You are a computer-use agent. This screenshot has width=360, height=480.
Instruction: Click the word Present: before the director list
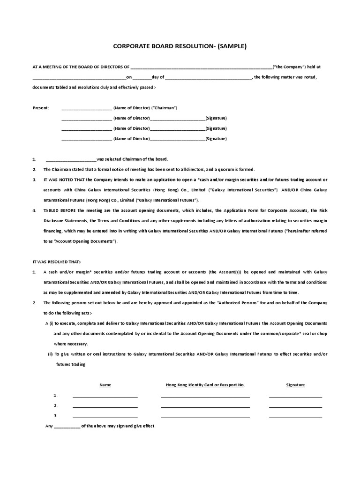[40, 108]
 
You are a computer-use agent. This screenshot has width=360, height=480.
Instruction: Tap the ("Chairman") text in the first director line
[164, 108]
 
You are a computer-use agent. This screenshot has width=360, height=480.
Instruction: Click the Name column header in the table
[105, 385]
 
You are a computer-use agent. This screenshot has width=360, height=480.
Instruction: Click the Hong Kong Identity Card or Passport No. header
[205, 385]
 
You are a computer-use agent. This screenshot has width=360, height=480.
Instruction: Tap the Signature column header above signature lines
[295, 385]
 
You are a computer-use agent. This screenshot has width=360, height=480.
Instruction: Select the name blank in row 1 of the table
[105, 396]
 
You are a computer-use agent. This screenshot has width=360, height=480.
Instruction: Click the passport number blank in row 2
[205, 406]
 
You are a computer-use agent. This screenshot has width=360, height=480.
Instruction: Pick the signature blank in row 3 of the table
[295, 417]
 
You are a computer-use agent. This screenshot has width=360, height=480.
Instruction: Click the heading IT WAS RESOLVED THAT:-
[57, 262]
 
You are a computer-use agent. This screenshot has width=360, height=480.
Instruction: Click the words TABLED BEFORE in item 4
[57, 211]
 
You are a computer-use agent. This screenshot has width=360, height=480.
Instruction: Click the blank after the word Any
[67, 427]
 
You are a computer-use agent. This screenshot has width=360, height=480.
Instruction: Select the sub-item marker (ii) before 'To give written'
[50, 354]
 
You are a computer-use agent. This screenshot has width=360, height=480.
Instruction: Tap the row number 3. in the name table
[55, 416]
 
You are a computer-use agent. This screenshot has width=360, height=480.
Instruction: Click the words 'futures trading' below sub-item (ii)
[71, 364]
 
